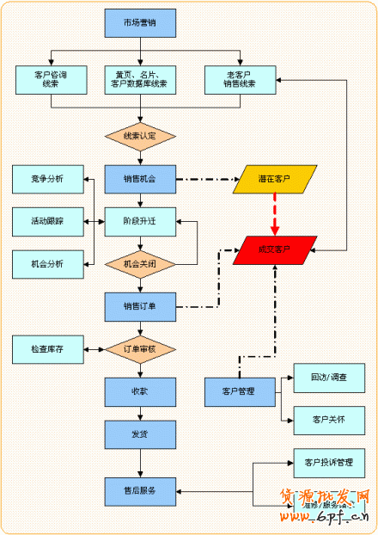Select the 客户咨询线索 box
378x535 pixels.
coord(52,80)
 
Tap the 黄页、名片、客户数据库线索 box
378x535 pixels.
coord(140,80)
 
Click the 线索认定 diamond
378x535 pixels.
coord(140,136)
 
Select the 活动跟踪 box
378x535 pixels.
coord(48,221)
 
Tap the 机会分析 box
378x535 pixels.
coord(48,263)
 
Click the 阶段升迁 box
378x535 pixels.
coord(140,221)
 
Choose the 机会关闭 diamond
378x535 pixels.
coord(140,263)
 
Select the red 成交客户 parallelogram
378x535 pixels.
coord(274,249)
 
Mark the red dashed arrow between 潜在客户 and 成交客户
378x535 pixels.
coord(275,215)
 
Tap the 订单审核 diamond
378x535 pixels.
coord(140,348)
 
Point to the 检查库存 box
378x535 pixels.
coord(48,348)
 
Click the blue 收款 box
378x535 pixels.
coord(140,391)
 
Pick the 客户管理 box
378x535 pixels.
coord(241,391)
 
